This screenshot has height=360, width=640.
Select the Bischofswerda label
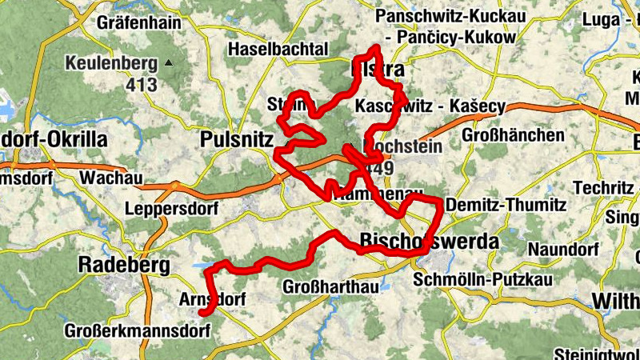tap(430, 241)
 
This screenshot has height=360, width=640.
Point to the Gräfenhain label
tap(138, 22)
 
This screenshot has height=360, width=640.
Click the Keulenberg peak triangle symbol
tap(169, 62)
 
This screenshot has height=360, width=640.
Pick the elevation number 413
tap(141, 82)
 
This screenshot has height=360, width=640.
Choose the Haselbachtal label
tap(278, 50)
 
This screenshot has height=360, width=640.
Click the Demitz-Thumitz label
tap(503, 205)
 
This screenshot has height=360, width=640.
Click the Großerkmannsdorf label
tap(128, 330)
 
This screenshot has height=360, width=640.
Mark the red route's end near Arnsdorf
tap(202, 312)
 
